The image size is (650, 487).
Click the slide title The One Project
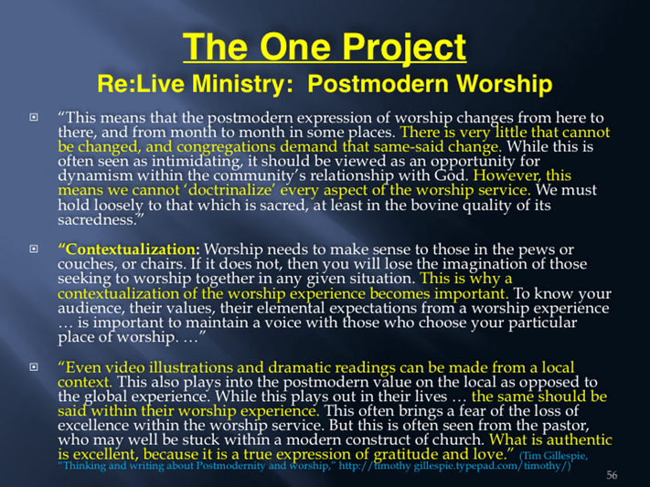click(325, 48)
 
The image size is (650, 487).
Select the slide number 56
click(612, 474)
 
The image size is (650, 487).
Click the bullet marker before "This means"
click(34, 117)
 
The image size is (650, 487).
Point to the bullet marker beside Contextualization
click(34, 249)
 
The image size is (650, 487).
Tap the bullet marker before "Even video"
click(34, 366)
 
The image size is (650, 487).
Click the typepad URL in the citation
click(454, 466)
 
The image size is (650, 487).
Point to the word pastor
click(569, 426)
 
